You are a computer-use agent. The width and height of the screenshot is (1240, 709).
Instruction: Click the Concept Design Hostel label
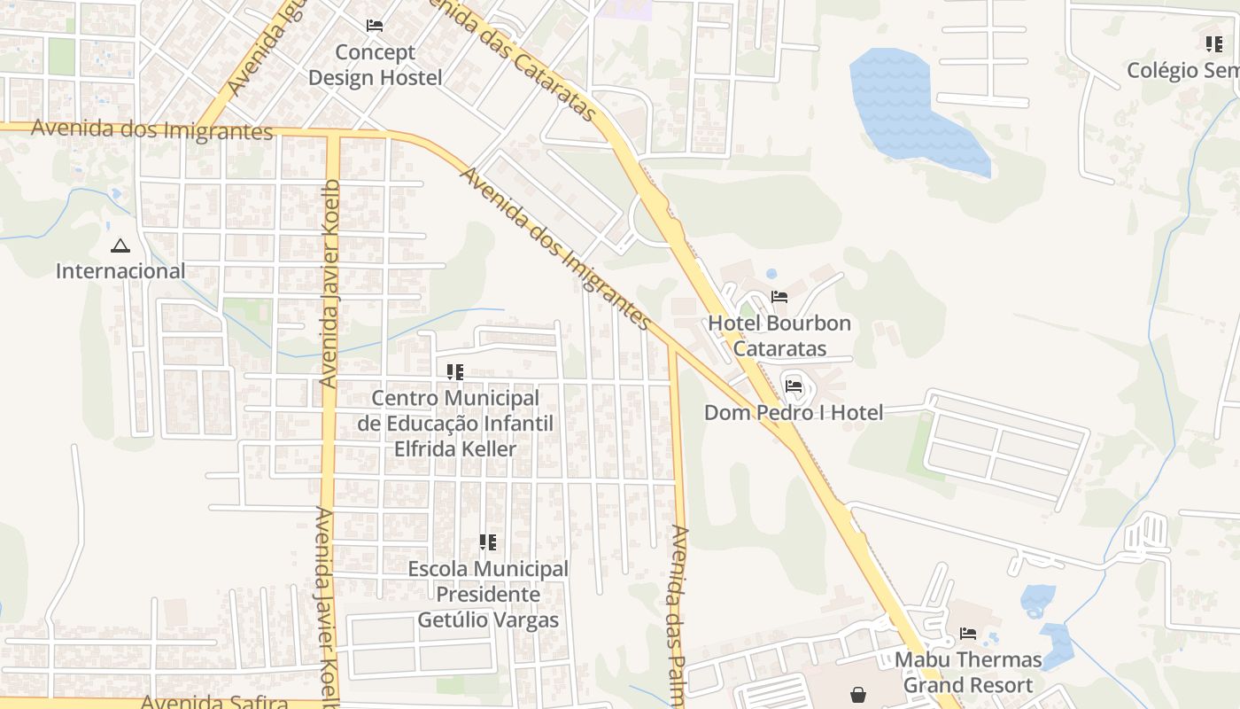click(375, 65)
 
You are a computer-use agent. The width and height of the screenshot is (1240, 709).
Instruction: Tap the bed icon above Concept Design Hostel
click(375, 26)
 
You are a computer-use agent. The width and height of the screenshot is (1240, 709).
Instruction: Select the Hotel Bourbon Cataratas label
click(779, 336)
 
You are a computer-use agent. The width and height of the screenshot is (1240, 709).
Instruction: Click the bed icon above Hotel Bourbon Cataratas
click(779, 297)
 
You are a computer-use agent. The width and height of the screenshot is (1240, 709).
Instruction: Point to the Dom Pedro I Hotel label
click(794, 412)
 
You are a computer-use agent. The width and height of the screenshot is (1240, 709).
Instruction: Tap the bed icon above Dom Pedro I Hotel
click(794, 386)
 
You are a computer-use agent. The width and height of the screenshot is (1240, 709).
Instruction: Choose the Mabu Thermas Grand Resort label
click(968, 672)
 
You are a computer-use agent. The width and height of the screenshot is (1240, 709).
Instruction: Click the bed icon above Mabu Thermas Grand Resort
click(968, 634)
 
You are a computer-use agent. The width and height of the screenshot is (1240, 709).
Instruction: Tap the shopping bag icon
click(858, 695)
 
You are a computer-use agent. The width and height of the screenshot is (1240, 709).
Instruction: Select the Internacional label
click(120, 271)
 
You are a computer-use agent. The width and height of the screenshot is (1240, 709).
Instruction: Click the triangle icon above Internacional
click(120, 245)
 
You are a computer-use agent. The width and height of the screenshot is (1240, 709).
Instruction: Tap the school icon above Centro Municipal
click(455, 372)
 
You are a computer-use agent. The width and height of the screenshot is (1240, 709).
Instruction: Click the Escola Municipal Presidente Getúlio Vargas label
click(488, 594)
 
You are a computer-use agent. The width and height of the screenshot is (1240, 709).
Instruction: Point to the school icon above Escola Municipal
click(488, 542)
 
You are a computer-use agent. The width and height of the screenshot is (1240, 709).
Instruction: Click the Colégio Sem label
click(1182, 70)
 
